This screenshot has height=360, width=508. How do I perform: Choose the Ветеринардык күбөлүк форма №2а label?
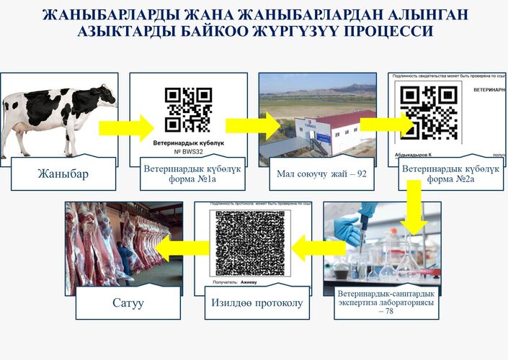click(450, 174)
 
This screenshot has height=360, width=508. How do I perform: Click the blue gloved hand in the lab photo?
click(350, 226)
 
